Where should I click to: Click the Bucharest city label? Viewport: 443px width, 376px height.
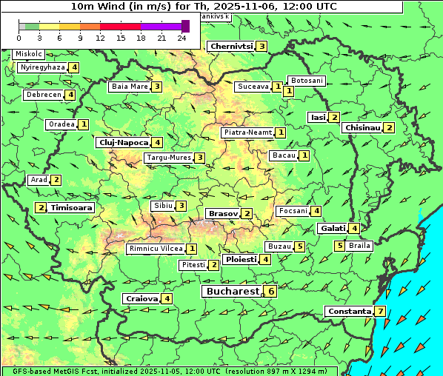pyautogui.click(x=232, y=292)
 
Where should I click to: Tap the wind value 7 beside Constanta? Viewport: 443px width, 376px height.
pyautogui.click(x=380, y=312)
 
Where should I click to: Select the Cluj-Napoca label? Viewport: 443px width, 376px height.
pyautogui.click(x=122, y=142)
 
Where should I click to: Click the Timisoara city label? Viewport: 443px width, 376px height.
pyautogui.click(x=72, y=208)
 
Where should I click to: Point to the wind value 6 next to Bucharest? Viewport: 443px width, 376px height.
pyautogui.click(x=271, y=292)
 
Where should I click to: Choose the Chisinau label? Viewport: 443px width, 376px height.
pyautogui.click(x=362, y=127)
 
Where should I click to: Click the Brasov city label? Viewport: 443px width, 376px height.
pyautogui.click(x=223, y=213)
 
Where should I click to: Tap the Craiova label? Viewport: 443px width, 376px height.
pyautogui.click(x=141, y=298)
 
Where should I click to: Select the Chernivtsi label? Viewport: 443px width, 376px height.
pyautogui.click(x=231, y=46)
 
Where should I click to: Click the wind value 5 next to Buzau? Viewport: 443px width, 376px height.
pyautogui.click(x=299, y=246)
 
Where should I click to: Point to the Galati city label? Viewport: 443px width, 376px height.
pyautogui.click(x=333, y=229)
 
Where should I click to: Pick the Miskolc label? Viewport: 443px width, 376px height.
pyautogui.click(x=29, y=54)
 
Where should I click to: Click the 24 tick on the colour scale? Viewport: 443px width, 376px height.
pyautogui.click(x=181, y=37)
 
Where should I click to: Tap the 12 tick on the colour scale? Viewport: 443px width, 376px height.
pyautogui.click(x=100, y=37)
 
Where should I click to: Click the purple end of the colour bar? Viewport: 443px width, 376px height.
pyautogui.click(x=185, y=26)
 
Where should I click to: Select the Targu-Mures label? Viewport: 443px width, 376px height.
pyautogui.click(x=167, y=158)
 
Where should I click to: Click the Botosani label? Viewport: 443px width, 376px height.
pyautogui.click(x=306, y=80)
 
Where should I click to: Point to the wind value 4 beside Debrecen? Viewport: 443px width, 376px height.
pyautogui.click(x=70, y=95)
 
